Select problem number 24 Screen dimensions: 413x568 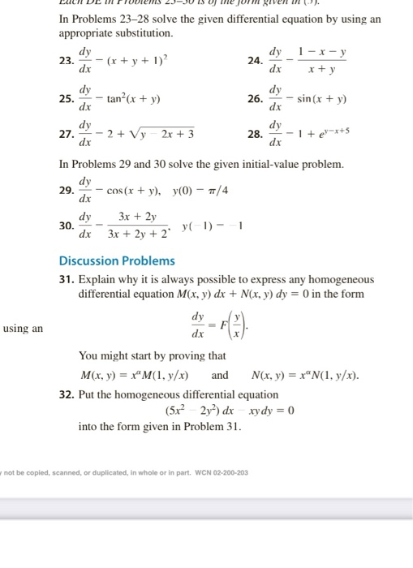pos(256,60)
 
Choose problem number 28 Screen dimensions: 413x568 pos(256,134)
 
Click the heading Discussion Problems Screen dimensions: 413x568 pos(117,260)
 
